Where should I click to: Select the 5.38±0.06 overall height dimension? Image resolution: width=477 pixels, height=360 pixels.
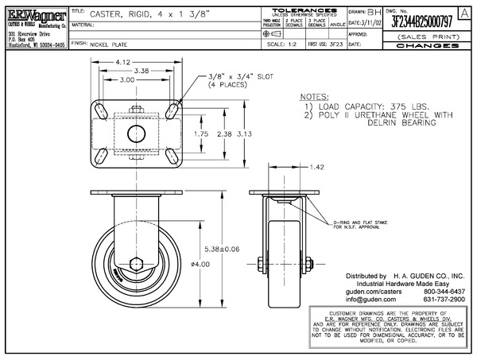[222, 248]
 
